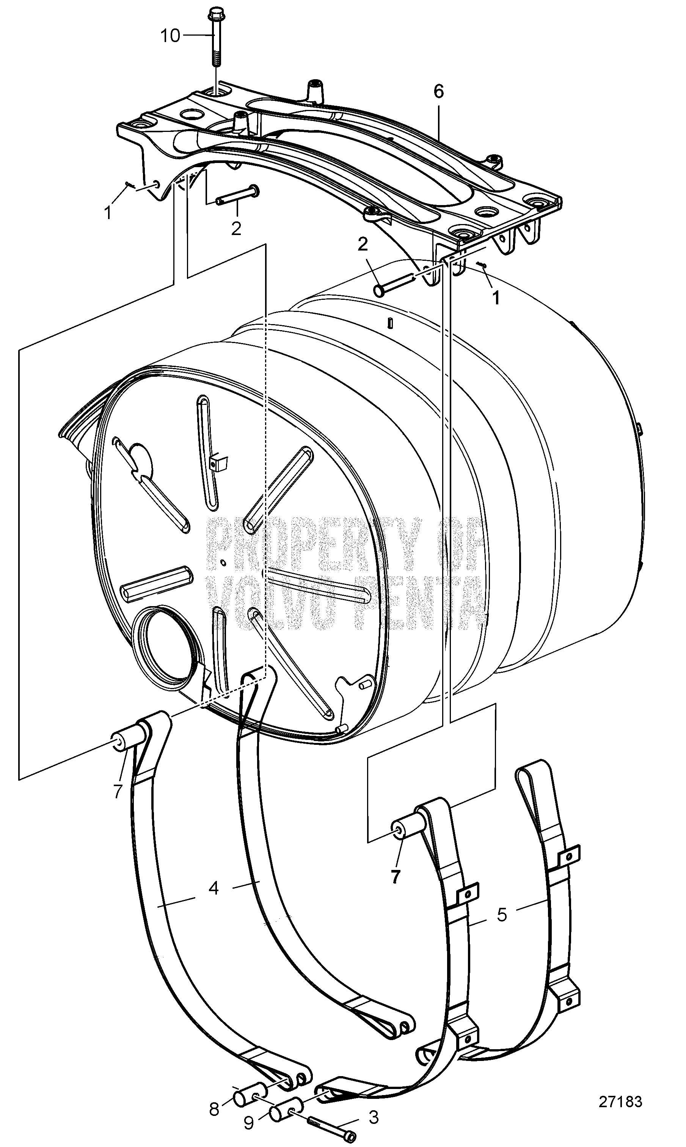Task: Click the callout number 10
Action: tap(170, 36)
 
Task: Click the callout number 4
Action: tap(213, 888)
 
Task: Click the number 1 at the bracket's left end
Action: tap(108, 213)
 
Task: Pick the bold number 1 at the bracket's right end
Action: tap(496, 298)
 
